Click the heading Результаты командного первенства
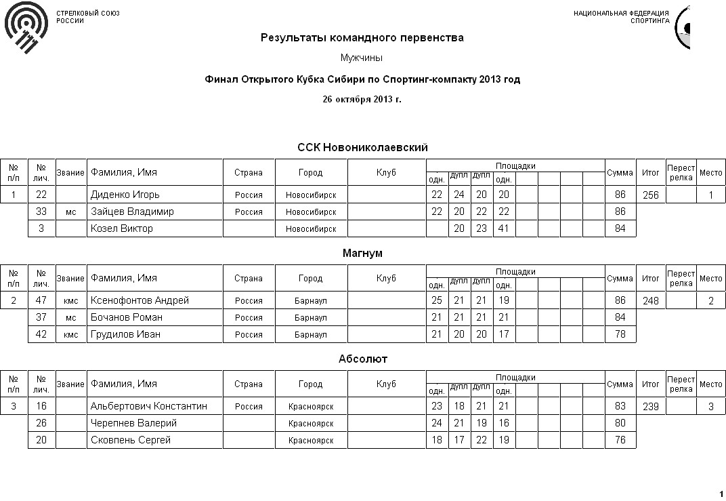click(362, 38)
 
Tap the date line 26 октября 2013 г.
click(362, 99)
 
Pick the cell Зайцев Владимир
click(132, 212)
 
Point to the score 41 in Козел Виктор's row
click(503, 228)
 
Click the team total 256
click(650, 195)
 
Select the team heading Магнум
click(362, 254)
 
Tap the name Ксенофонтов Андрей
click(140, 300)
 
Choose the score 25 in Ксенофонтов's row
click(437, 300)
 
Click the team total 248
click(650, 300)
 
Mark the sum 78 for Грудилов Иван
click(620, 334)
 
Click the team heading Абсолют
click(362, 359)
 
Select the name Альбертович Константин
click(148, 406)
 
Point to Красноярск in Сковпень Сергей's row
click(311, 440)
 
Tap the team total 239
click(650, 406)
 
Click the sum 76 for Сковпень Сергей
click(620, 440)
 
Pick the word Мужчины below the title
click(362, 58)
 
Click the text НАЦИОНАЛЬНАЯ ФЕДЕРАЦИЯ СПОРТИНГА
click(621, 17)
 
